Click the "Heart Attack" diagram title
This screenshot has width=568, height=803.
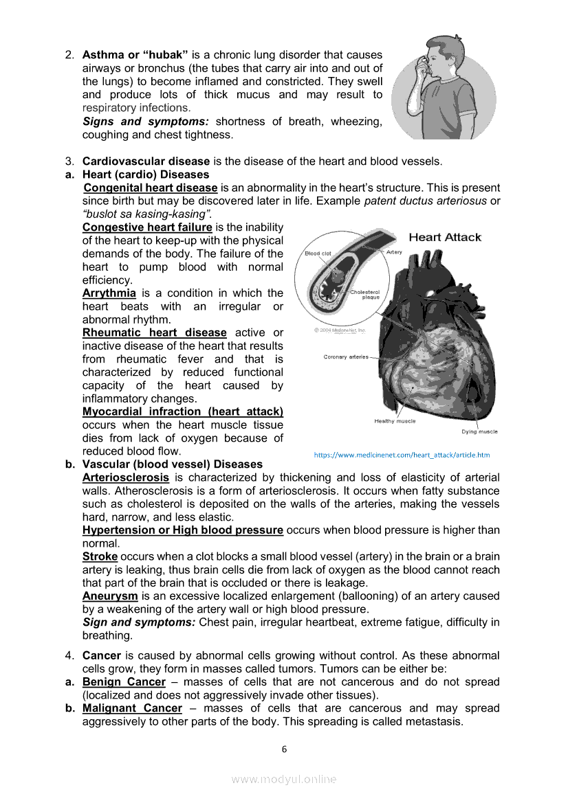coord(445,238)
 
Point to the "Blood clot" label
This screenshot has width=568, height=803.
coord(318,253)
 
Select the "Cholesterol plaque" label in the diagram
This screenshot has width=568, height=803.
coord(364,295)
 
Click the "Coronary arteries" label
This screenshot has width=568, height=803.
coord(346,357)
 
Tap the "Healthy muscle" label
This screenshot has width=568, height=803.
coord(395,421)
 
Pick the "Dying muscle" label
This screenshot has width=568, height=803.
coord(479,432)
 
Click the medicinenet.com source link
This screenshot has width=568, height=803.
coord(402,455)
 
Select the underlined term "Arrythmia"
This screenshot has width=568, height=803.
coord(109,293)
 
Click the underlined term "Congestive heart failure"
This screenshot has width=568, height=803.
coord(147,227)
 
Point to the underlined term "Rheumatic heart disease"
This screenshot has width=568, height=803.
coord(154,333)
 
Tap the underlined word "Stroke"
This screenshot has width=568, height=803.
coord(100,556)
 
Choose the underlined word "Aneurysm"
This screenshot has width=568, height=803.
coord(110,596)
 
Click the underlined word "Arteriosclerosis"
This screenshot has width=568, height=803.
coord(125,477)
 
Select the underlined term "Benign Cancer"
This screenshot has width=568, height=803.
coord(124,682)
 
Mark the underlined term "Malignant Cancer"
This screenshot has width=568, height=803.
coord(132,708)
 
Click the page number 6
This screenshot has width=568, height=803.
coord(284,749)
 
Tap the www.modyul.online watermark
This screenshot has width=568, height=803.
coord(284,779)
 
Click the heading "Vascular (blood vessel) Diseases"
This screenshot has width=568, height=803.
coord(173,464)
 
